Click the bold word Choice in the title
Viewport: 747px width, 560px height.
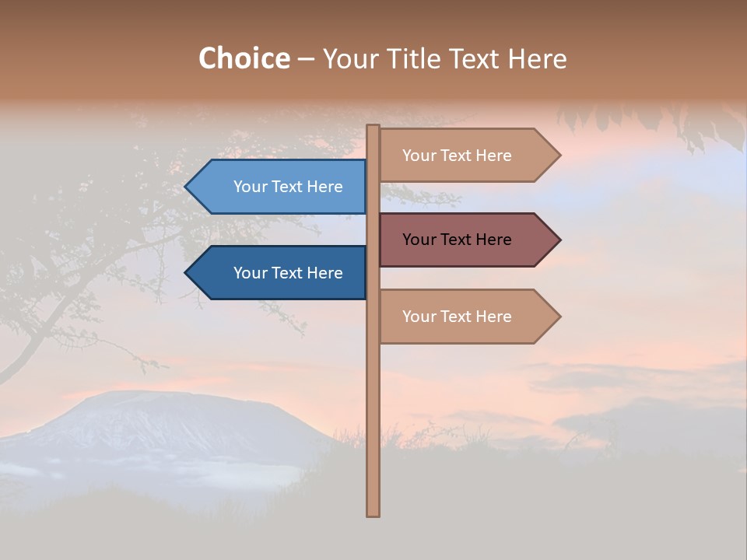click(x=244, y=58)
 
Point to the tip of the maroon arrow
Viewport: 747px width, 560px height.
click(x=559, y=240)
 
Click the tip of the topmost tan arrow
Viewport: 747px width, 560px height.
click(x=559, y=155)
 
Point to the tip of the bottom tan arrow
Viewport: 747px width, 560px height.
click(x=559, y=316)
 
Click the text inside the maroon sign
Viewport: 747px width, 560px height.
click(x=457, y=240)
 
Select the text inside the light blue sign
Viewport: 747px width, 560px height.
click(x=288, y=187)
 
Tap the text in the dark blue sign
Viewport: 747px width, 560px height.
click(x=288, y=273)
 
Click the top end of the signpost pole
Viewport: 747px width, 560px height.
click(x=373, y=127)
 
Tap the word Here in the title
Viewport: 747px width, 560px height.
click(x=537, y=58)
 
